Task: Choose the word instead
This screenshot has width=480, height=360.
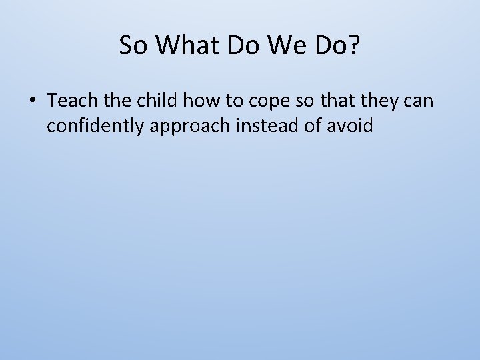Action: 269,125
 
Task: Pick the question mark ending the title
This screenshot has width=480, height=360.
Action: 353,45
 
